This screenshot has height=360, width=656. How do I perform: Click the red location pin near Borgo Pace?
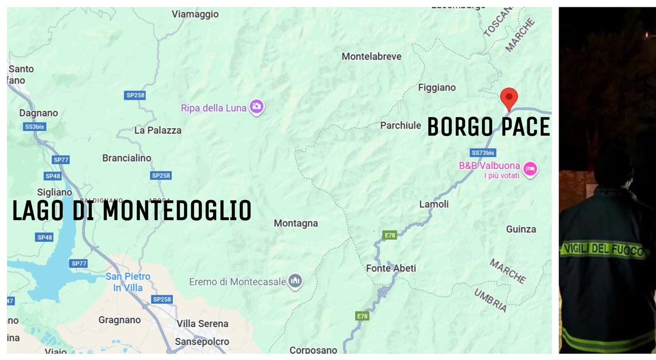pyautogui.click(x=509, y=97)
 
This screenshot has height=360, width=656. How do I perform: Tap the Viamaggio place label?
pyautogui.click(x=195, y=14)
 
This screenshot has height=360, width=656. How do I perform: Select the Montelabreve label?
pyautogui.click(x=372, y=56)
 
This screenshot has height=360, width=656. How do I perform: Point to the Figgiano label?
pyautogui.click(x=437, y=88)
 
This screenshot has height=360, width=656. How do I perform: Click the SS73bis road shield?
pyautogui.click(x=483, y=153)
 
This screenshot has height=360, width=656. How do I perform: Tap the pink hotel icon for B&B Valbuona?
pyautogui.click(x=530, y=168)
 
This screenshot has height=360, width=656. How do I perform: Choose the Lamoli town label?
pyautogui.click(x=434, y=204)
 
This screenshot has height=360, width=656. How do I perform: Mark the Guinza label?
pyautogui.click(x=521, y=229)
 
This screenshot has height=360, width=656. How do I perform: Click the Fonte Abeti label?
pyautogui.click(x=391, y=268)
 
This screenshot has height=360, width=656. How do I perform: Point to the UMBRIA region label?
pyautogui.click(x=490, y=300)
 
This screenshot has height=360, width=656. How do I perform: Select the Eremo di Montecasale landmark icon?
pyautogui.click(x=295, y=281)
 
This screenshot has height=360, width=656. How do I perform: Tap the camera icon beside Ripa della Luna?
pyautogui.click(x=257, y=107)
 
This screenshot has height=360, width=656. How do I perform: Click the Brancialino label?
pyautogui.click(x=127, y=158)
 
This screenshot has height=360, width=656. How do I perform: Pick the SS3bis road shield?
pyautogui.click(x=35, y=127)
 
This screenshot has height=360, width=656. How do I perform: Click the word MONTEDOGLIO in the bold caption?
pyautogui.click(x=177, y=211)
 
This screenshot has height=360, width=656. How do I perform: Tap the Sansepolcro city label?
pyautogui.click(x=202, y=342)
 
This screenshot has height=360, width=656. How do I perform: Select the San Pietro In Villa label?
pyautogui.click(x=128, y=282)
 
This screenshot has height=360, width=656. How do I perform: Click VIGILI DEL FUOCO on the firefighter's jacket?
pyautogui.click(x=603, y=250)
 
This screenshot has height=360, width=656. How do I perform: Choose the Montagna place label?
pyautogui.click(x=296, y=223)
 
